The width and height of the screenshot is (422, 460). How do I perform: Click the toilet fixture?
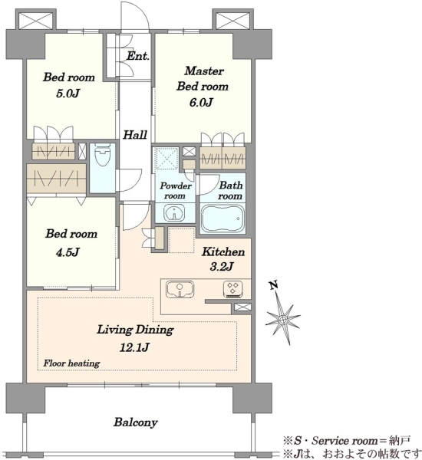coord(102,155)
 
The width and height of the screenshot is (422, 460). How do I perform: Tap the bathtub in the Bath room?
coord(223,218)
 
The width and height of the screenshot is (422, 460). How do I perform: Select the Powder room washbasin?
coord(175,213)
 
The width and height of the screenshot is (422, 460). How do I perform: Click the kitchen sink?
coord(180,289)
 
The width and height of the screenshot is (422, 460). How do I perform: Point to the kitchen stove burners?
coord(233,287)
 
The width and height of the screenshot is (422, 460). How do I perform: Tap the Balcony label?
coord(136,422)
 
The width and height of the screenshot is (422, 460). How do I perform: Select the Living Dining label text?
coord(135,330)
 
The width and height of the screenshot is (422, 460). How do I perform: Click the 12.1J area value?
coord(134,347)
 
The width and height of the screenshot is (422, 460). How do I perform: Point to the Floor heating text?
coord(71,363)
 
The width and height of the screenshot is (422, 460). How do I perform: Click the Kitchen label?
coord(223,251)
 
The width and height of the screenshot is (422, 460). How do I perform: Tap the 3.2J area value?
coord(222,267)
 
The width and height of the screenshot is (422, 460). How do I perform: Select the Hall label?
coord(135,135)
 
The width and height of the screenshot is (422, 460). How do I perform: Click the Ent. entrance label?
coord(138,56)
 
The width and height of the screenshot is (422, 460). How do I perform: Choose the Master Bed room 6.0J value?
coord(201,103)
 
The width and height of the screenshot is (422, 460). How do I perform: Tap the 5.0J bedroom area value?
coord(68,94)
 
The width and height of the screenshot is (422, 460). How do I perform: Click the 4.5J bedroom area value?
coord(68,251)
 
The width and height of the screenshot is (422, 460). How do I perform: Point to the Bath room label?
coord(230,190)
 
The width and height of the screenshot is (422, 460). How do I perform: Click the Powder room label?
coord(176,191)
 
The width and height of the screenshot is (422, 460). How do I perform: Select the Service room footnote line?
coord(347,440)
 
